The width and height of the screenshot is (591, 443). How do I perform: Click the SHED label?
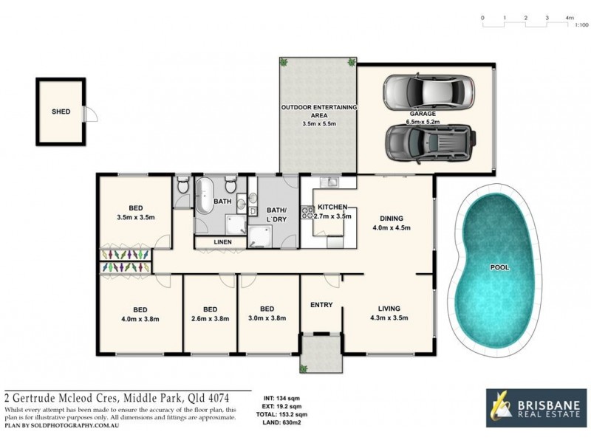pos(61,111)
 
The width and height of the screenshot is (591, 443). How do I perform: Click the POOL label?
pos(500,267)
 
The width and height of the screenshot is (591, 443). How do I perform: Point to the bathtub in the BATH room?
pos(203,196)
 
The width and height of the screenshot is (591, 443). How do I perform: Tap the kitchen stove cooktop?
pos(307,215)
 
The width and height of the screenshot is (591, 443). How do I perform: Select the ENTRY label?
pos(321,304)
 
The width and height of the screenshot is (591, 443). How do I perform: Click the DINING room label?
pos(392,218)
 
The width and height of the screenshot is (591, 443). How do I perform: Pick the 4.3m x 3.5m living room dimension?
pos(389,318)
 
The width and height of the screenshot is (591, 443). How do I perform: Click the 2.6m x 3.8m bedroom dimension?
pos(210,319)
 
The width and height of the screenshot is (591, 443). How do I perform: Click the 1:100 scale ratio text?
pos(581,25)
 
